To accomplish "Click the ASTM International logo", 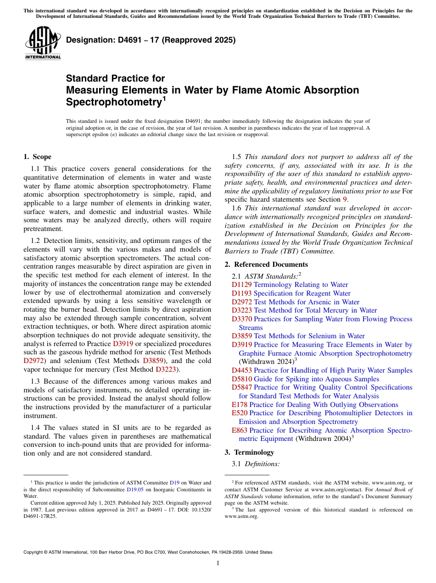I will pyautogui.click(x=43, y=43).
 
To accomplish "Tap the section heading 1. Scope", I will pyautogui.click(x=38, y=157).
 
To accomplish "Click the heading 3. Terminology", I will pyautogui.click(x=249, y=452).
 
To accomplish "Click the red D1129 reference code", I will pyautogui.click(x=241, y=285).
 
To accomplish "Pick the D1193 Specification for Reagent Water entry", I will pyautogui.click(x=291, y=293).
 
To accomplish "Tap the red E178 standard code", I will pyautogui.click(x=239, y=405).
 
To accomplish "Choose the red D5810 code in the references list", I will pyautogui.click(x=241, y=379).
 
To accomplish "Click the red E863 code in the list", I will pyautogui.click(x=239, y=430).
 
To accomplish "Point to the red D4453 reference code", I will pyautogui.click(x=241, y=370).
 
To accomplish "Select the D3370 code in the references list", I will pyautogui.click(x=241, y=319).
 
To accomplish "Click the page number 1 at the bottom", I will pyautogui.click(x=218, y=563).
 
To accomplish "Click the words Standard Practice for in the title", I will pyautogui.click(x=115, y=78).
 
